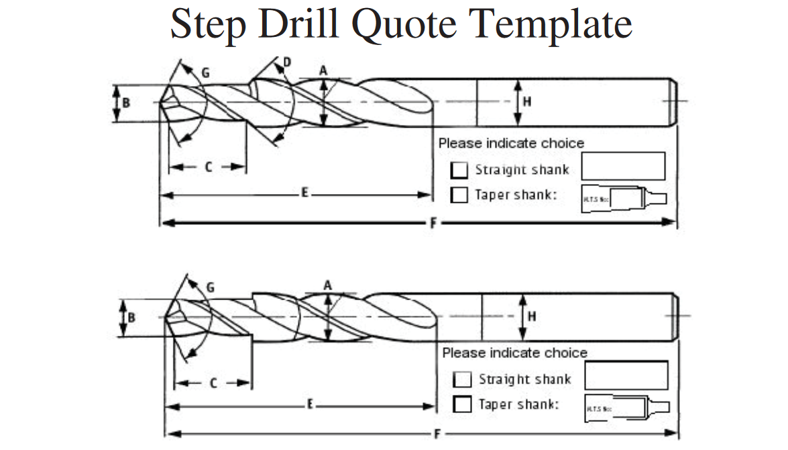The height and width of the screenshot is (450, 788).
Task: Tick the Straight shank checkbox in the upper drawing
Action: [x=459, y=171]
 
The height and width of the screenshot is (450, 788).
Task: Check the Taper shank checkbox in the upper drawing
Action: [x=459, y=195]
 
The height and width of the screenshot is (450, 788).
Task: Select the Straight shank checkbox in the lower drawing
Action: [x=463, y=379]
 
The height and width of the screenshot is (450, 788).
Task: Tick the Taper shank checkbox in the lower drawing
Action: [x=463, y=404]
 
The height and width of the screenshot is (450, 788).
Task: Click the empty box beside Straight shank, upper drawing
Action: [x=623, y=166]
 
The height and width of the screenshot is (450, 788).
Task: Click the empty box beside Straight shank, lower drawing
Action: [x=626, y=375]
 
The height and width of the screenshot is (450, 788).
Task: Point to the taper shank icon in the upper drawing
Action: [x=624, y=197]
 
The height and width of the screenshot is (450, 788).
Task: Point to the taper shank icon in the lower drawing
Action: [x=627, y=407]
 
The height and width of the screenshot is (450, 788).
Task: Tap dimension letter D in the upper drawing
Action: [x=287, y=62]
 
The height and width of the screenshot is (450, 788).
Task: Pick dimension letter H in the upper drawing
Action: [x=527, y=102]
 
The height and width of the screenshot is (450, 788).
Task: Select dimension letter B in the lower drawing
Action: [x=132, y=316]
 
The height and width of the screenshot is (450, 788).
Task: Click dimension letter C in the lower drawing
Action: [x=213, y=384]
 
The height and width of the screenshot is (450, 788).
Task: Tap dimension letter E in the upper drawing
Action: [x=304, y=193]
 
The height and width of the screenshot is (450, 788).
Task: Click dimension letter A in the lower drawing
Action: [x=328, y=285]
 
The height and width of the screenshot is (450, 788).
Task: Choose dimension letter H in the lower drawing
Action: [x=531, y=316]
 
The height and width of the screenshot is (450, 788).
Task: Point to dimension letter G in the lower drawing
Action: [x=211, y=287]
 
